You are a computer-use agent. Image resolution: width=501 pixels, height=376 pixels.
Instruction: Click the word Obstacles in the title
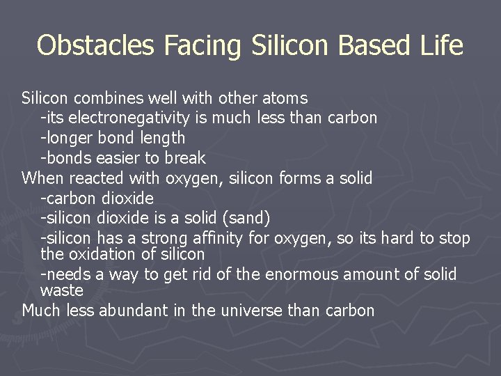(x=96, y=46)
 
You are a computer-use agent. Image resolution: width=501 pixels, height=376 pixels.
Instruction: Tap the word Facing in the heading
(x=201, y=46)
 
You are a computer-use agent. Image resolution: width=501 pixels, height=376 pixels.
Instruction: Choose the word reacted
(x=97, y=178)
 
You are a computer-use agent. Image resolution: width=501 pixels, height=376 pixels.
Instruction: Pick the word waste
(x=62, y=290)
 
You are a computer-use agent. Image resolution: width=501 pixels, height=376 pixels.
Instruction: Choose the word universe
(x=252, y=310)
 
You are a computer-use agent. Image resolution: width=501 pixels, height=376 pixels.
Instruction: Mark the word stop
(x=453, y=238)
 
